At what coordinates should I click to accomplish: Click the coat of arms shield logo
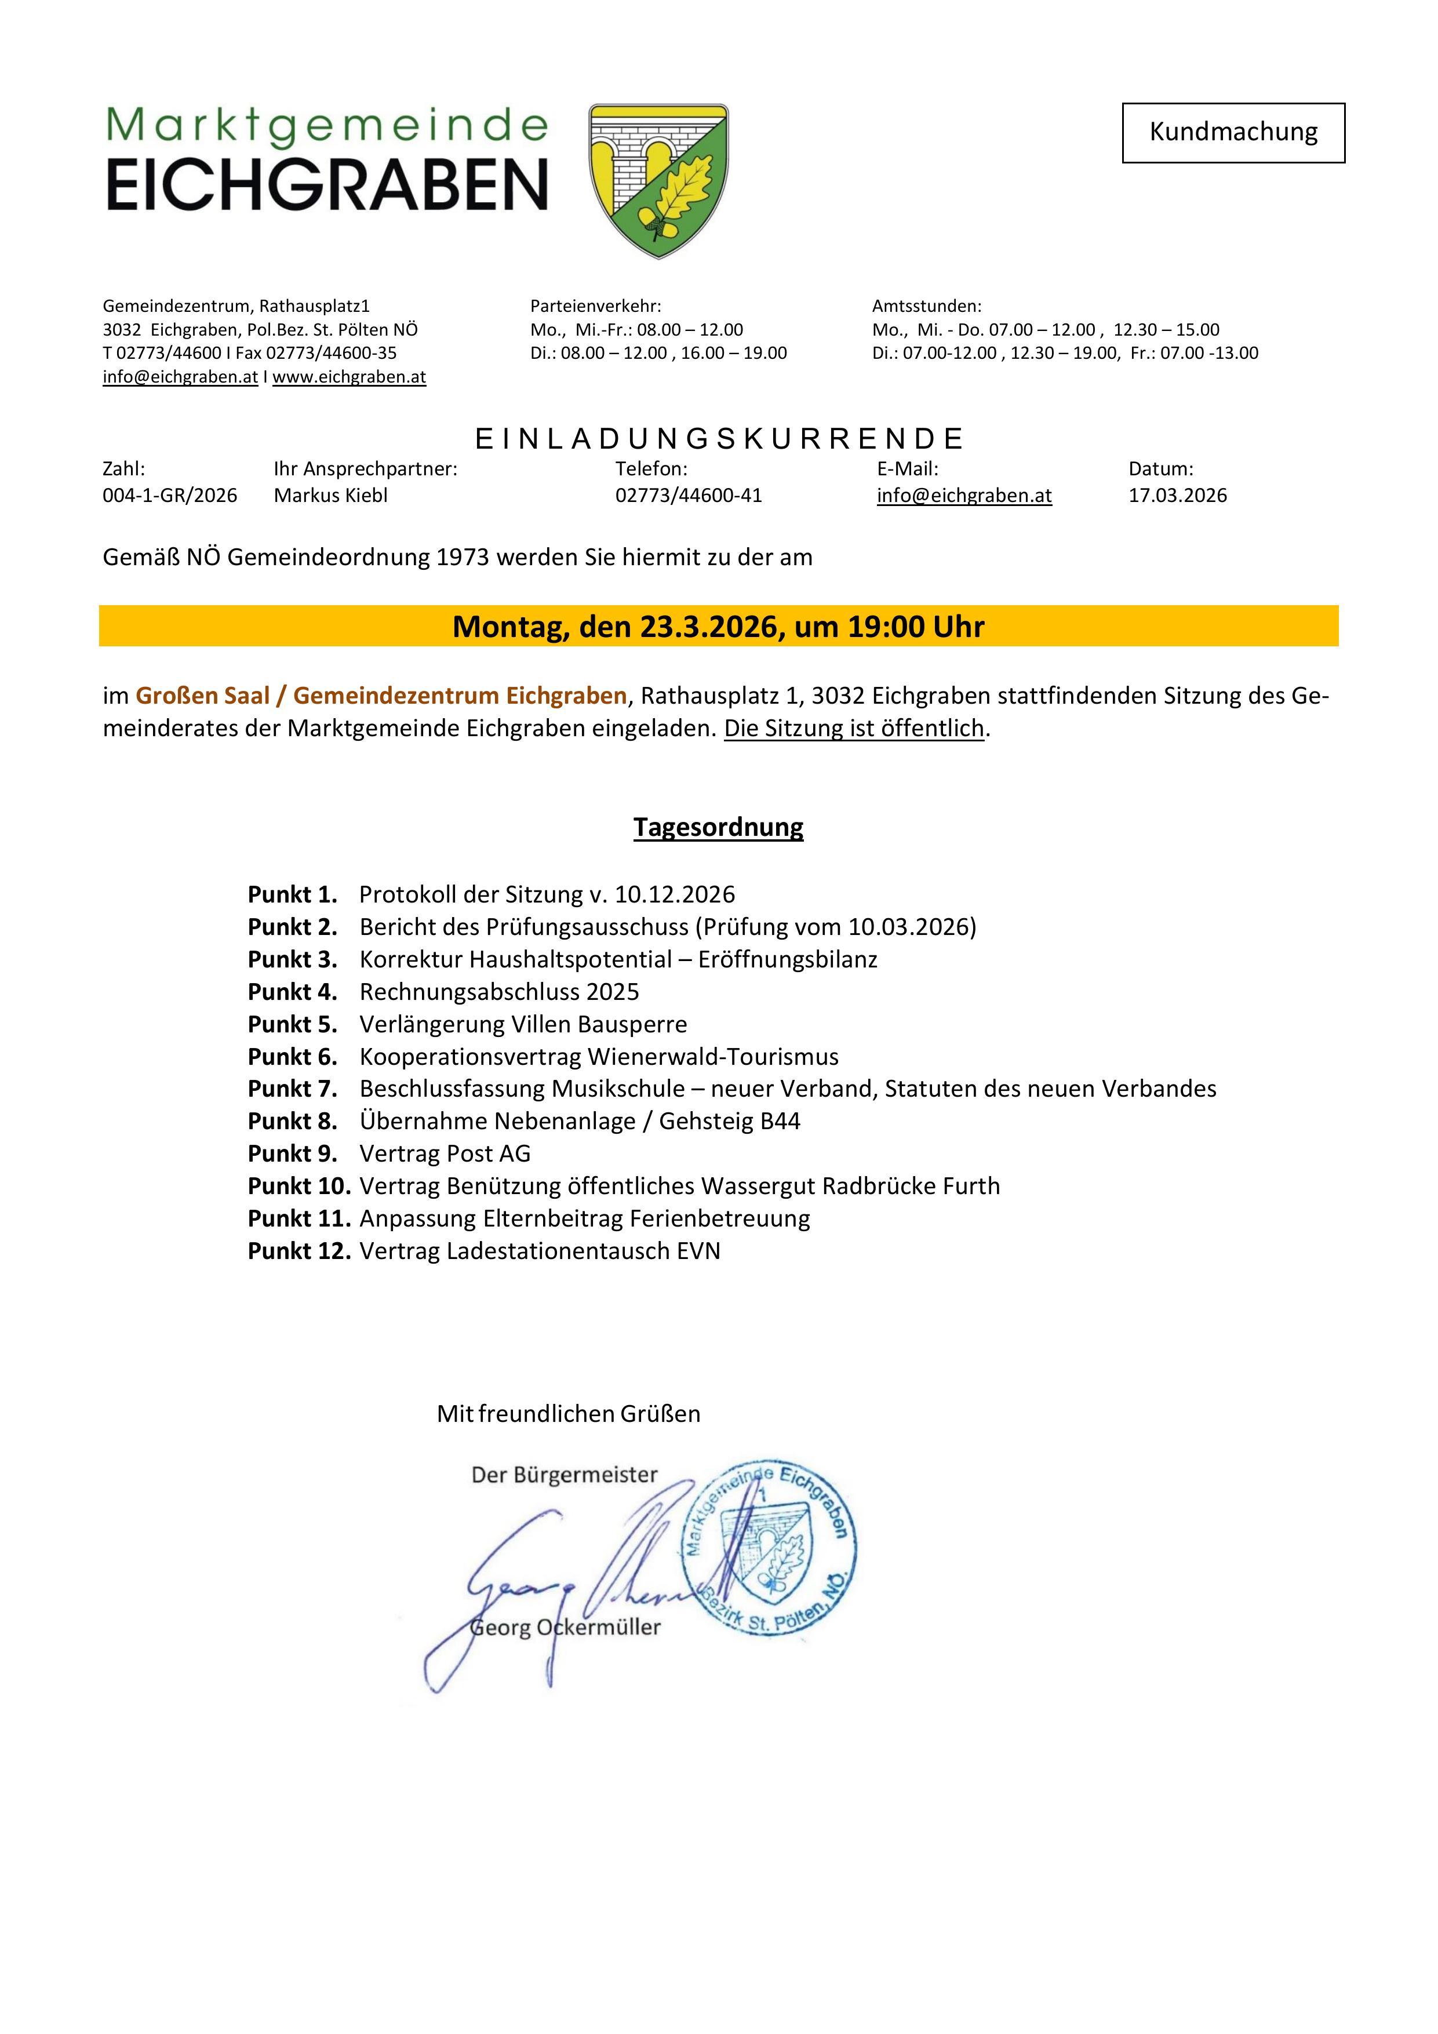[x=658, y=180]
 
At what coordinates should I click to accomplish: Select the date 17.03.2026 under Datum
[x=1178, y=496]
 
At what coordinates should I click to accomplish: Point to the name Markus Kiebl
[x=330, y=496]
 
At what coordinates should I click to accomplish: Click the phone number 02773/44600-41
[x=689, y=496]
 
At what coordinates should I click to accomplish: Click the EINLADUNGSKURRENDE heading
[x=719, y=439]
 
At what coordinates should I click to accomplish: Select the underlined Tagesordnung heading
[x=718, y=827]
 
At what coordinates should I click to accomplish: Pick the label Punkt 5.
[x=292, y=1025]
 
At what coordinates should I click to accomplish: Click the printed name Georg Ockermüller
[x=565, y=1628]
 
